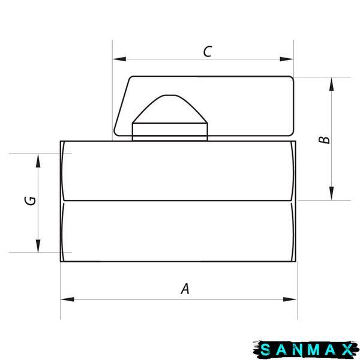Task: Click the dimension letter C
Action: (208, 52)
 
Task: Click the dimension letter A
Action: (185, 289)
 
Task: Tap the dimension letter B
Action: (324, 140)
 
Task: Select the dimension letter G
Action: (30, 200)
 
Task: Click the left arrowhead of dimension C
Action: (119, 59)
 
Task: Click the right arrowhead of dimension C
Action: (287, 59)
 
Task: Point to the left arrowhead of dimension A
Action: (67, 299)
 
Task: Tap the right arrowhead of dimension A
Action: (290, 299)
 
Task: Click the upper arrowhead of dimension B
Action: (331, 84)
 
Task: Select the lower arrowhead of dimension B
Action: (331, 193)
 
